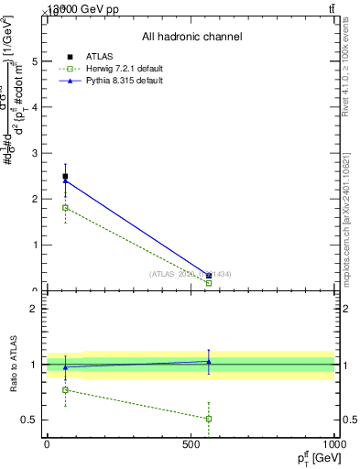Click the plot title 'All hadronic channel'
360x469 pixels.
coord(191,38)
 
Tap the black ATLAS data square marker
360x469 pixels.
coord(65,176)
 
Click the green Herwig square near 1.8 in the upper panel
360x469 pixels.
coord(65,207)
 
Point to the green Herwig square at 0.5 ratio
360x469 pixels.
coord(209,419)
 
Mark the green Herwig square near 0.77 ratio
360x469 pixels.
coord(65,389)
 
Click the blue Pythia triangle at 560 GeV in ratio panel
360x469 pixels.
coord(209,361)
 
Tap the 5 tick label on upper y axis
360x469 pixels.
coord(35,61)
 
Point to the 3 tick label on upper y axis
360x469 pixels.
coord(35,153)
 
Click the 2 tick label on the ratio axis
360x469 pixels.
coord(35,309)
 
